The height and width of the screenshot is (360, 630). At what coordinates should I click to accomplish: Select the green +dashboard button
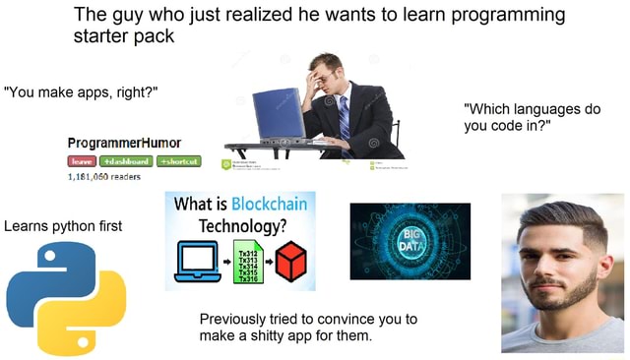(x=123, y=162)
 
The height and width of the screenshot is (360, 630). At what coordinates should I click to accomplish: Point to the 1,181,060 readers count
(x=104, y=178)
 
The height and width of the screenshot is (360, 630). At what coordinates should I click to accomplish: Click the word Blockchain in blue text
(x=268, y=205)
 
